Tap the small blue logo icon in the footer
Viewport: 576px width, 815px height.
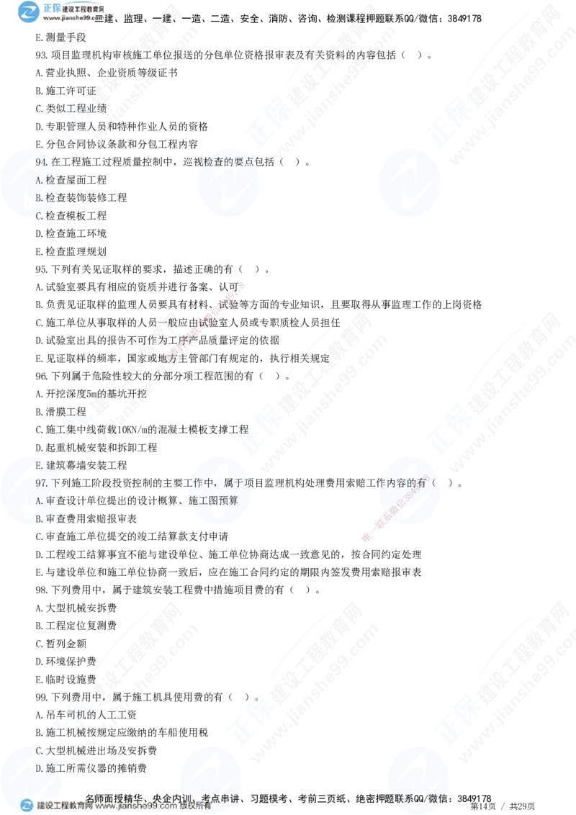[x=27, y=806]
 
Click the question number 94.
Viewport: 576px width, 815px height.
[x=42, y=162]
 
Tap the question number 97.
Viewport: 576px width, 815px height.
[x=42, y=482]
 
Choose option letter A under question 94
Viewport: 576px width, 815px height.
[x=39, y=179]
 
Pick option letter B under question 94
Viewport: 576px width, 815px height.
[x=39, y=197]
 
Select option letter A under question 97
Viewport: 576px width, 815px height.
[x=39, y=500]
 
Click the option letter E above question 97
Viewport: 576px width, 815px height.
[x=39, y=465]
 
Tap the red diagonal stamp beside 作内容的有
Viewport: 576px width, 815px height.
[x=400, y=508]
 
